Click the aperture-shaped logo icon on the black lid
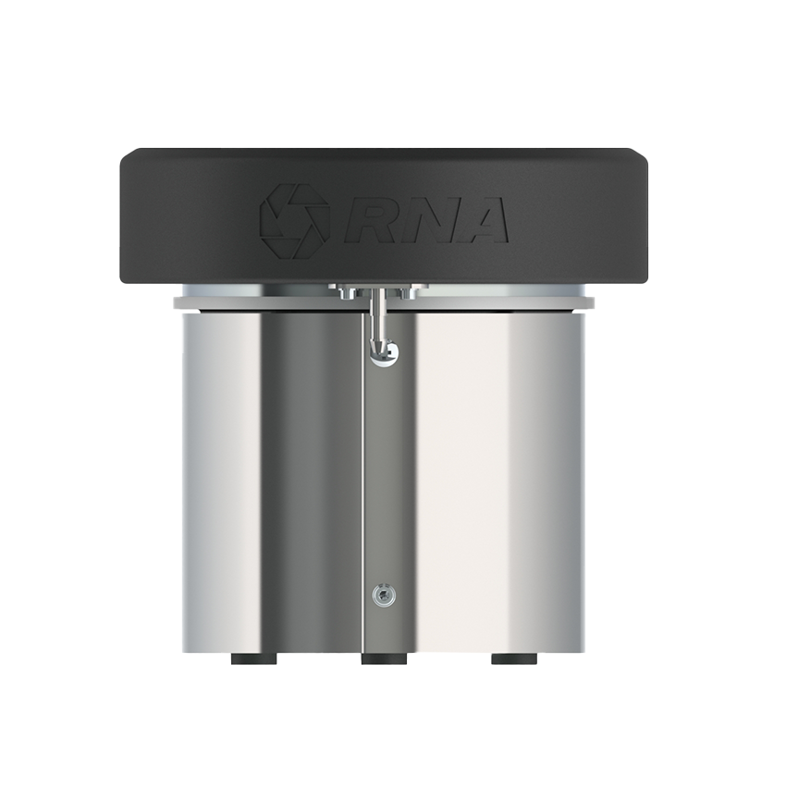pyautogui.click(x=294, y=221)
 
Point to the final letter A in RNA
pyautogui.click(x=480, y=220)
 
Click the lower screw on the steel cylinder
pyautogui.click(x=384, y=596)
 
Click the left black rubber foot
pyautogui.click(x=254, y=658)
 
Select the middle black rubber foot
pyautogui.click(x=384, y=658)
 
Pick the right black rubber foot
pyautogui.click(x=514, y=658)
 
